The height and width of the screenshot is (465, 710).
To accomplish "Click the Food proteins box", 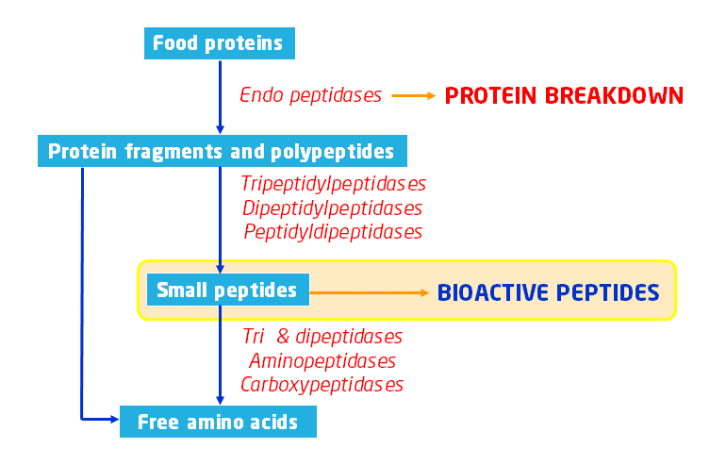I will [219, 42].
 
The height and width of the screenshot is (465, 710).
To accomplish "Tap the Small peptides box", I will [226, 290].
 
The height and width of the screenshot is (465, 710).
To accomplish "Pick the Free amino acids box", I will [218, 422].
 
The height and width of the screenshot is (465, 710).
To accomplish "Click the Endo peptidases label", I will [311, 95].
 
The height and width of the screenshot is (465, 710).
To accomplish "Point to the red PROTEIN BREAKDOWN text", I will [564, 96].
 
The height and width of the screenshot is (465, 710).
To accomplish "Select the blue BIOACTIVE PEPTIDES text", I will [548, 292].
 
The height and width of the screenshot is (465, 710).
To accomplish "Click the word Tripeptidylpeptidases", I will [334, 183].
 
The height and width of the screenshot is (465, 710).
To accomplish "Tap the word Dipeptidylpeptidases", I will [332, 208].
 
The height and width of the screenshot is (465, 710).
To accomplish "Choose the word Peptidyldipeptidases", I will [333, 231].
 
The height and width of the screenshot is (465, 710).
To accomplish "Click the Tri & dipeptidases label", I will [322, 337].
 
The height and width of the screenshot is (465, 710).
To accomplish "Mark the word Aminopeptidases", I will [322, 360].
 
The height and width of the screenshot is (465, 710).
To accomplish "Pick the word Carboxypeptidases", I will [322, 385].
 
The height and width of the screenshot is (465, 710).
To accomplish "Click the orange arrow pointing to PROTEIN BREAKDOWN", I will [412, 95].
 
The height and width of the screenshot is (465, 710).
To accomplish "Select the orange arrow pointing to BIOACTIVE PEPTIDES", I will [370, 292].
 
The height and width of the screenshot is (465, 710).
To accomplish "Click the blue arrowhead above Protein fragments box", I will [220, 130].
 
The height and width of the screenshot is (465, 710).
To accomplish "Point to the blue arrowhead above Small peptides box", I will [220, 268].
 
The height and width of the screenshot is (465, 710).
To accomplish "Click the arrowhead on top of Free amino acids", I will [220, 400].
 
